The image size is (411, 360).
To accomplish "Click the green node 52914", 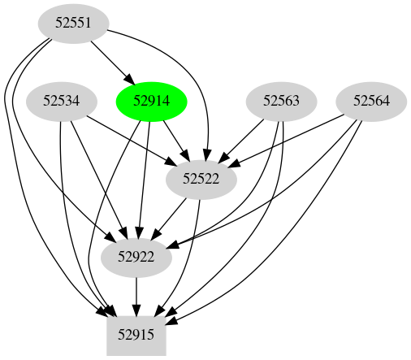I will tap(152, 102).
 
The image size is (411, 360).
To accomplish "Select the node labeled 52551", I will tap(74, 24).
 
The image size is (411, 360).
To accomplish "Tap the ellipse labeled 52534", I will tap(62, 102).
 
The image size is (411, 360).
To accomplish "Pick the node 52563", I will tap(282, 102).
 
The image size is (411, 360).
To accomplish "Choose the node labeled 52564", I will tap(371, 102).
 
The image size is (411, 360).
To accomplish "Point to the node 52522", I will tap(201, 180).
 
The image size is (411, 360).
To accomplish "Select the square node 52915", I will tap(136, 334).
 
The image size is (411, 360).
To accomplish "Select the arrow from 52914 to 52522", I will tap(175, 139).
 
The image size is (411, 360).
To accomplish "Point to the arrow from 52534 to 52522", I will tap(130, 140).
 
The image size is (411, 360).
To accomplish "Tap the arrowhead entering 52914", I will tap(130, 80).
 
